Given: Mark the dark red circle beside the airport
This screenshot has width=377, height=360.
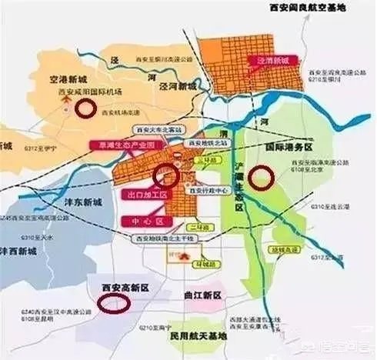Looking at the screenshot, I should tap(86, 108).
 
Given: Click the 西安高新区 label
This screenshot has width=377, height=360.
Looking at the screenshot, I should tap(125, 286).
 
